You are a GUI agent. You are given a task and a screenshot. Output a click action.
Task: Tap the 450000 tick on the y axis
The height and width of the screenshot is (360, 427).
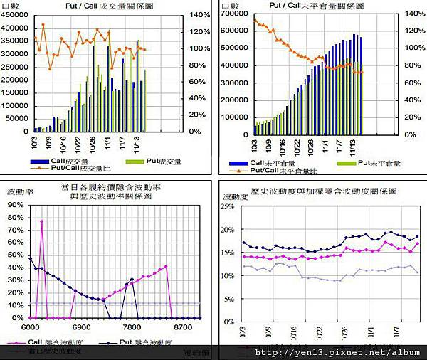pyautogui.click(x=16, y=15)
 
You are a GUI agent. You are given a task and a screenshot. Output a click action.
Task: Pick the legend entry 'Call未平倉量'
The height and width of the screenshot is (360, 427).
pyautogui.click(x=273, y=163)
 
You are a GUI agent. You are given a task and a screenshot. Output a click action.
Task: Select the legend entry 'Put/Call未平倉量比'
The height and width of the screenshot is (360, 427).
pyautogui.click(x=283, y=171)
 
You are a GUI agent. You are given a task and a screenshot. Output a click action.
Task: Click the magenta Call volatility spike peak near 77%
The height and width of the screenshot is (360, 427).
pyautogui.click(x=41, y=221)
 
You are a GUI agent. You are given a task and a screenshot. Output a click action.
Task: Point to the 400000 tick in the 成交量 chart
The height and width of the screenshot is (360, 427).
pyautogui.click(x=16, y=28)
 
